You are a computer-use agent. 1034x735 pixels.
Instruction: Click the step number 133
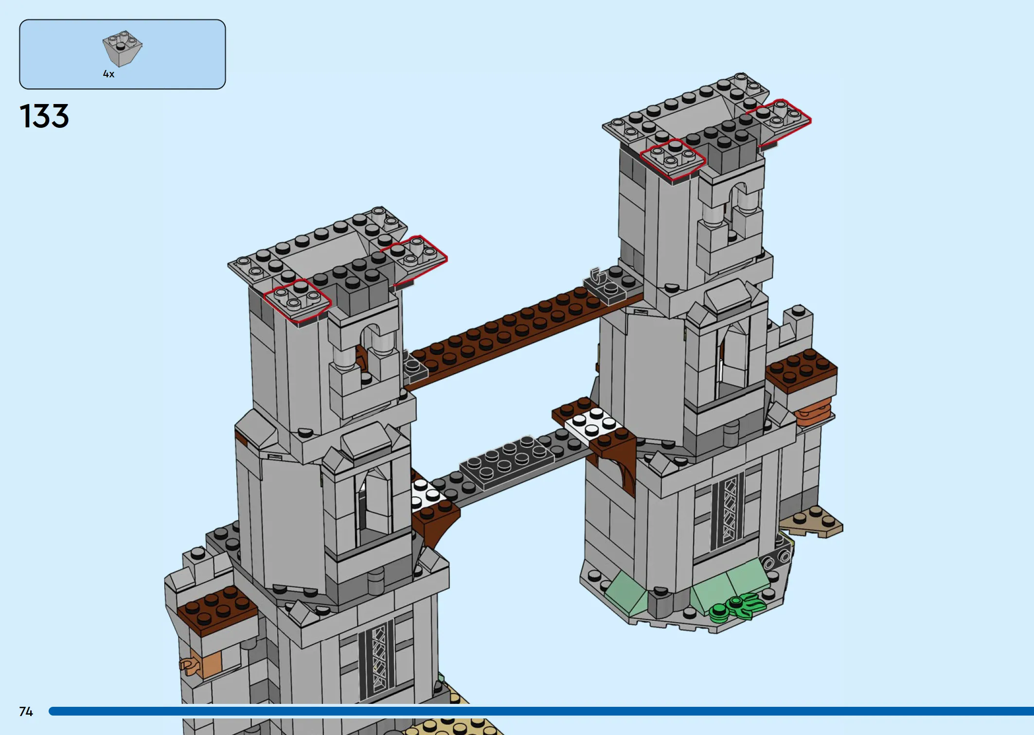[x=44, y=116]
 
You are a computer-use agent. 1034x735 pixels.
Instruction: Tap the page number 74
[x=26, y=712]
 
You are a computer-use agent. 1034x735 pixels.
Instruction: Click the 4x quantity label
[x=108, y=74]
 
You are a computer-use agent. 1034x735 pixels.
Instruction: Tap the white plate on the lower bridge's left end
[x=426, y=493]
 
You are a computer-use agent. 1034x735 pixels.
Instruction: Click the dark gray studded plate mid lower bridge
[x=507, y=460]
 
